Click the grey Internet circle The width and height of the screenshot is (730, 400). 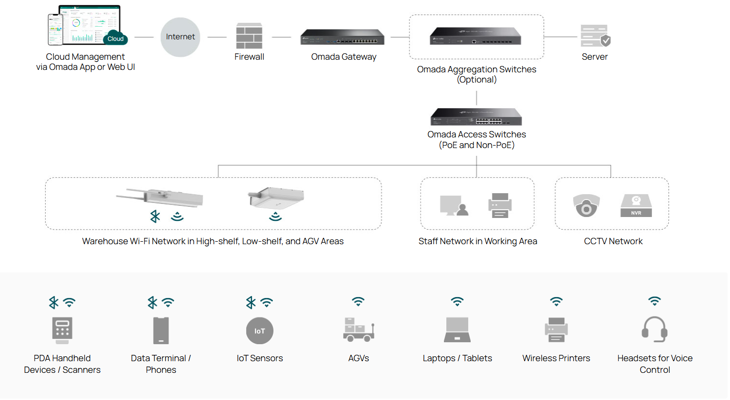click(x=180, y=37)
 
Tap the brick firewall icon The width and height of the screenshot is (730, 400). click(x=249, y=36)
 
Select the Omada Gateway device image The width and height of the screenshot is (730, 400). click(x=342, y=37)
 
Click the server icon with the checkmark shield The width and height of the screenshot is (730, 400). click(x=595, y=36)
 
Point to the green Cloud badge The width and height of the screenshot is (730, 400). click(x=116, y=39)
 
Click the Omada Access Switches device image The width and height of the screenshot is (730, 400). click(x=476, y=117)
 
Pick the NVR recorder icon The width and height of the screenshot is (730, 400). click(x=636, y=205)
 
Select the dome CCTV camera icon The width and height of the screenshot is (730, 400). click(x=586, y=205)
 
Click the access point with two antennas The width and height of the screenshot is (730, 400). click(x=160, y=197)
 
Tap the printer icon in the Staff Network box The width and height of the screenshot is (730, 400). click(x=500, y=205)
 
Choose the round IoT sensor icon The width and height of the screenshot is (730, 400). click(x=259, y=331)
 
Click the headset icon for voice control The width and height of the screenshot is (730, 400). click(x=654, y=330)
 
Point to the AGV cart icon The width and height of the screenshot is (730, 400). click(x=358, y=330)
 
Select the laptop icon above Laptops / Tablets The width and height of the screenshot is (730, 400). click(x=457, y=330)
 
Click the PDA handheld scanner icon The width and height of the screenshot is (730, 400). click(x=62, y=330)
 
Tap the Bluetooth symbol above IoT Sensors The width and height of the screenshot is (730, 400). click(x=251, y=302)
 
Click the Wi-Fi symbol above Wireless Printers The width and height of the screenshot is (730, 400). click(x=556, y=301)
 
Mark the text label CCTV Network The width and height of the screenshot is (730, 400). click(x=613, y=241)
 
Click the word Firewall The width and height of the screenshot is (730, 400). click(x=249, y=57)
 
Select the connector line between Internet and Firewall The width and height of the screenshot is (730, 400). click(x=217, y=37)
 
